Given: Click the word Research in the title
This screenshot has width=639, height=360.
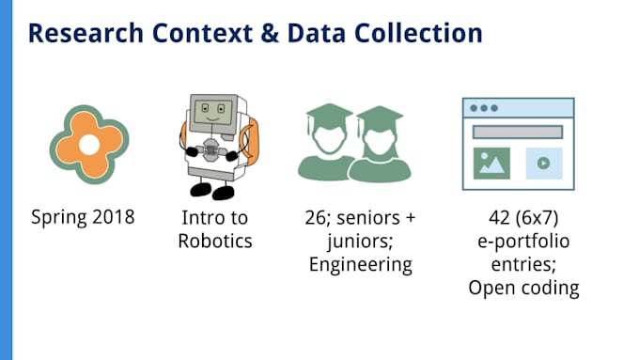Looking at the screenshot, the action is [x=86, y=34].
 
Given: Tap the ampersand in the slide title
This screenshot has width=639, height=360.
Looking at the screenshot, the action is [x=270, y=34].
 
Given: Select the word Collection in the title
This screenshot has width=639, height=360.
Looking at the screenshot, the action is [x=418, y=34].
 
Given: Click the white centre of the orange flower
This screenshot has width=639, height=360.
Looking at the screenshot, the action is [x=89, y=145].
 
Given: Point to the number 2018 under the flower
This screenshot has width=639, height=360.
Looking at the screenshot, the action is [x=114, y=216].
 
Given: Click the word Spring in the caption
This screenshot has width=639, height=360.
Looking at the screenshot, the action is [x=59, y=218].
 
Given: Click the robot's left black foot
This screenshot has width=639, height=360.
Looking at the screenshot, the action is [x=200, y=190].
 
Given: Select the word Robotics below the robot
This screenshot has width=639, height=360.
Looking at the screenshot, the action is [x=215, y=241].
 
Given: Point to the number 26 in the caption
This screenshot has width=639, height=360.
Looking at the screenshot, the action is [x=315, y=218].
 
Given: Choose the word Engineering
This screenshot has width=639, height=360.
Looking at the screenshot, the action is [x=361, y=265].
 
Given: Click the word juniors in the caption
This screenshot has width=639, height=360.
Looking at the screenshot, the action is [x=358, y=242].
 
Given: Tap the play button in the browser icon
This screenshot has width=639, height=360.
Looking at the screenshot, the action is [x=544, y=163].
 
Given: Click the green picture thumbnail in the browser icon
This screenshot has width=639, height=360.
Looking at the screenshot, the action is [x=491, y=164].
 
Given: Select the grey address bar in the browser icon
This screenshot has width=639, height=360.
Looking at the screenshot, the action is [x=518, y=133].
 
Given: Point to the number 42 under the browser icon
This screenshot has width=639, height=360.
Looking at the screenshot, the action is [x=500, y=218].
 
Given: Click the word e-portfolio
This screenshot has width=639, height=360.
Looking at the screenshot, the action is [x=523, y=242].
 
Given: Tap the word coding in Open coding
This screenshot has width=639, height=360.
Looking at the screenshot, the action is [x=550, y=289].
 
